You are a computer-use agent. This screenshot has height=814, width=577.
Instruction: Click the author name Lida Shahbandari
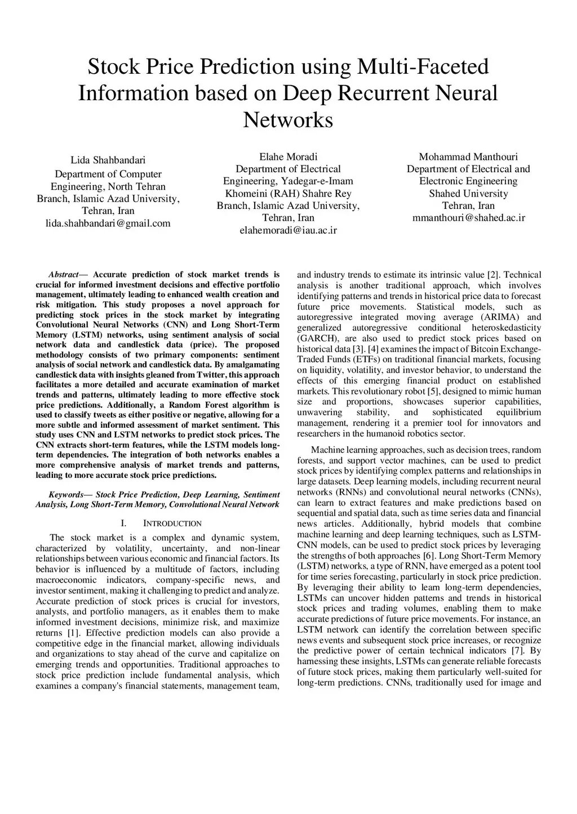pyautogui.click(x=108, y=160)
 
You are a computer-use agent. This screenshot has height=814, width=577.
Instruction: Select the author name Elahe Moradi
pyautogui.click(x=288, y=156)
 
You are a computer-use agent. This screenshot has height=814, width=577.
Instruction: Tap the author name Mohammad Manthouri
pyautogui.click(x=468, y=156)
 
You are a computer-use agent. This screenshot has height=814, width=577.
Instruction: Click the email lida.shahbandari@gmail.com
pyautogui.click(x=108, y=223)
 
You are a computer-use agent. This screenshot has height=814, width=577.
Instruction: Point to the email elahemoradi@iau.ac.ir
pyautogui.click(x=288, y=230)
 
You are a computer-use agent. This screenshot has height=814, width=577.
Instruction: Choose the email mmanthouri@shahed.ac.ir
pyautogui.click(x=468, y=218)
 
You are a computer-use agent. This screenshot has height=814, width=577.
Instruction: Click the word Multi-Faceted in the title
pyautogui.click(x=423, y=67)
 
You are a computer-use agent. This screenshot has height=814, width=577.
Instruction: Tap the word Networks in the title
pyautogui.click(x=288, y=119)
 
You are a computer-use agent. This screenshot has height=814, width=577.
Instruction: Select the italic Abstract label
pyautogui.click(x=63, y=275)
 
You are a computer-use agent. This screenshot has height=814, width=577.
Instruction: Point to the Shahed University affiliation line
pyautogui.click(x=468, y=194)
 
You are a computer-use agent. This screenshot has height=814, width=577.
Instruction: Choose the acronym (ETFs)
pyautogui.click(x=366, y=360)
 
